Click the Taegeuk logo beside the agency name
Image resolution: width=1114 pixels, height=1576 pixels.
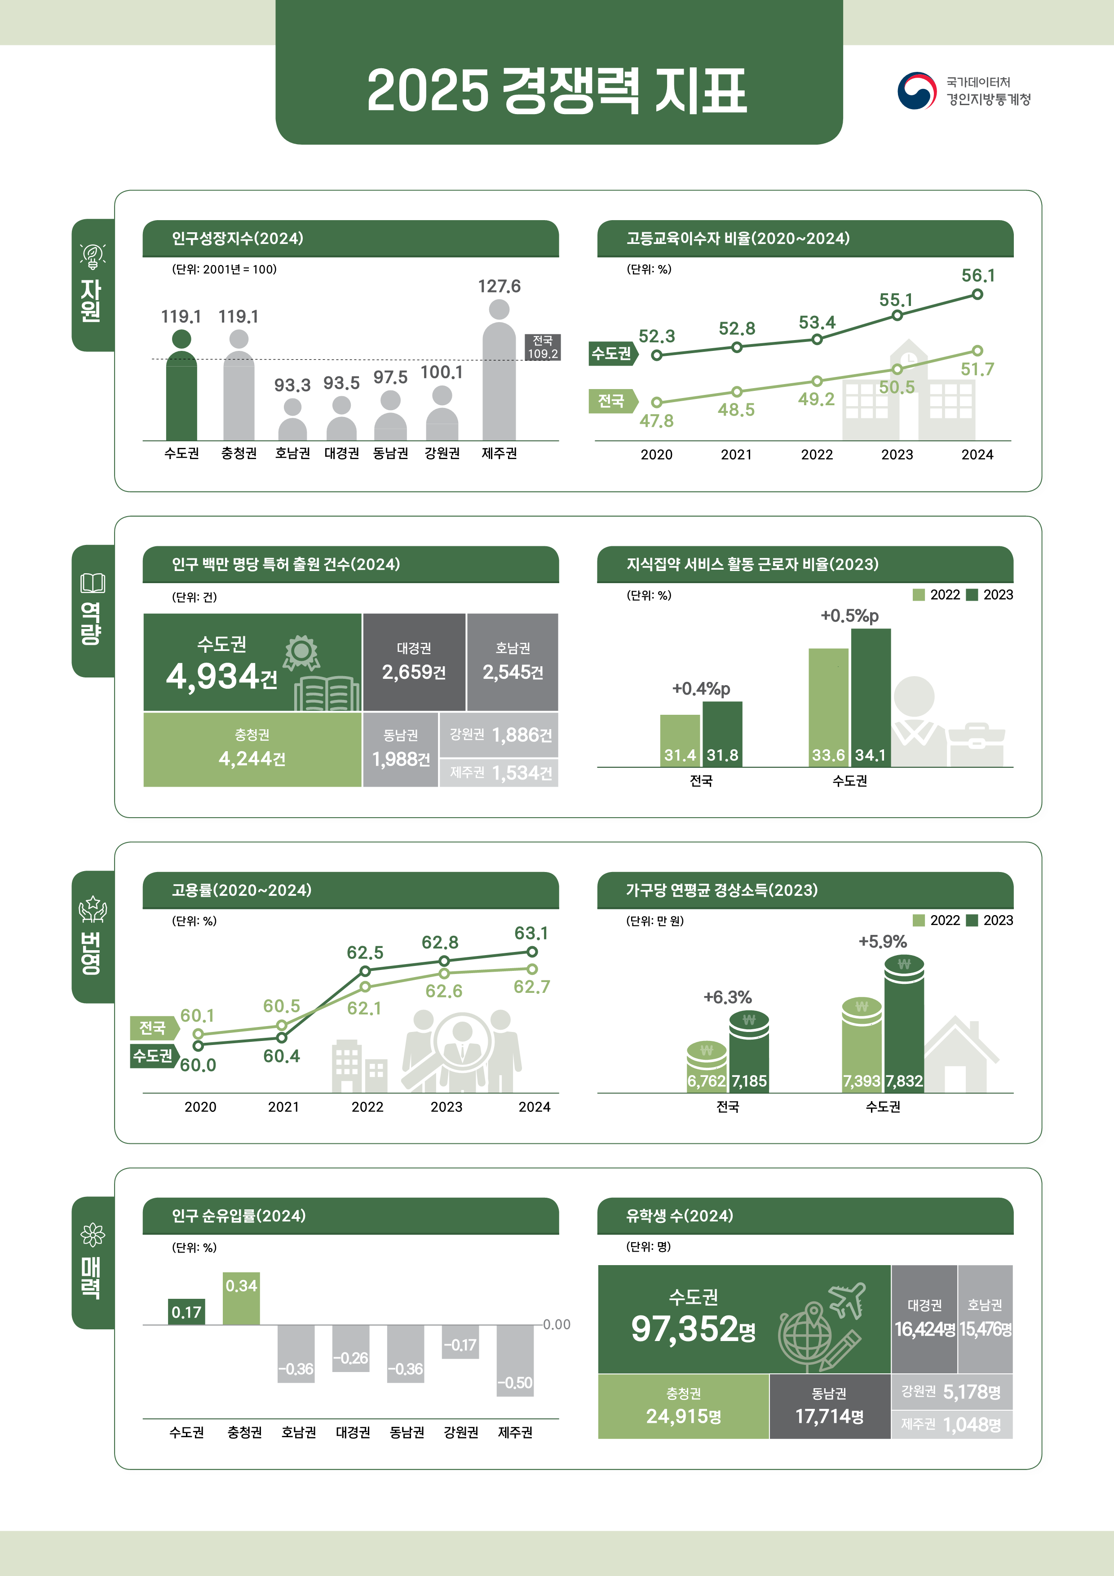(x=916, y=91)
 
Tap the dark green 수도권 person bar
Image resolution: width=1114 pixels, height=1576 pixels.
(x=181, y=395)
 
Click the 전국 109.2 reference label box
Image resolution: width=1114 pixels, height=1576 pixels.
(x=542, y=347)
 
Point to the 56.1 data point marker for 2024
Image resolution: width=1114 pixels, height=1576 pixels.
(x=977, y=294)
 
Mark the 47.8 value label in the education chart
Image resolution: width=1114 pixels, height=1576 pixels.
(x=656, y=421)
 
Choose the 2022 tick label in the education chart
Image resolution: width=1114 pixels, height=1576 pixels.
(x=817, y=454)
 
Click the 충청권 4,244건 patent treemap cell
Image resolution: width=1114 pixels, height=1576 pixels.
(x=252, y=749)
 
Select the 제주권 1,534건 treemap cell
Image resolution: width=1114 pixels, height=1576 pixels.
(x=499, y=773)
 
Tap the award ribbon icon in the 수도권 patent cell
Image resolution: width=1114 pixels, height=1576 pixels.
(x=301, y=652)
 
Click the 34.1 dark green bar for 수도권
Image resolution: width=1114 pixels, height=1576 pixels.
(x=871, y=697)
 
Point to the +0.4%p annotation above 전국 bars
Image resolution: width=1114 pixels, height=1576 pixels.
(x=701, y=688)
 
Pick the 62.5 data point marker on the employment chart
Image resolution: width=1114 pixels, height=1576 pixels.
(x=365, y=970)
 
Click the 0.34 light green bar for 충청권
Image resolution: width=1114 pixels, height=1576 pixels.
(x=242, y=1299)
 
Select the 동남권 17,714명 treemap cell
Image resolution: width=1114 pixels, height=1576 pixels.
(x=829, y=1406)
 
